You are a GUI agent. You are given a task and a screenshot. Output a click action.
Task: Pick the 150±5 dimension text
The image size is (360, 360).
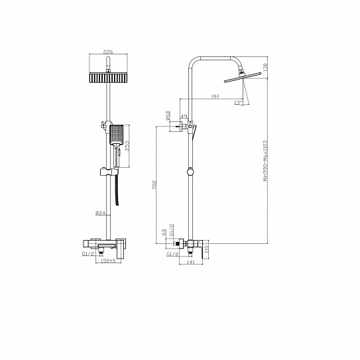click(105, 261)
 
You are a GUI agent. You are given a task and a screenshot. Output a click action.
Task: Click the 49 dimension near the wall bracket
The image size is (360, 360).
click(182, 115)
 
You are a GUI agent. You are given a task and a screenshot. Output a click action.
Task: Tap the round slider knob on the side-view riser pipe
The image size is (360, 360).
click(191, 171)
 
